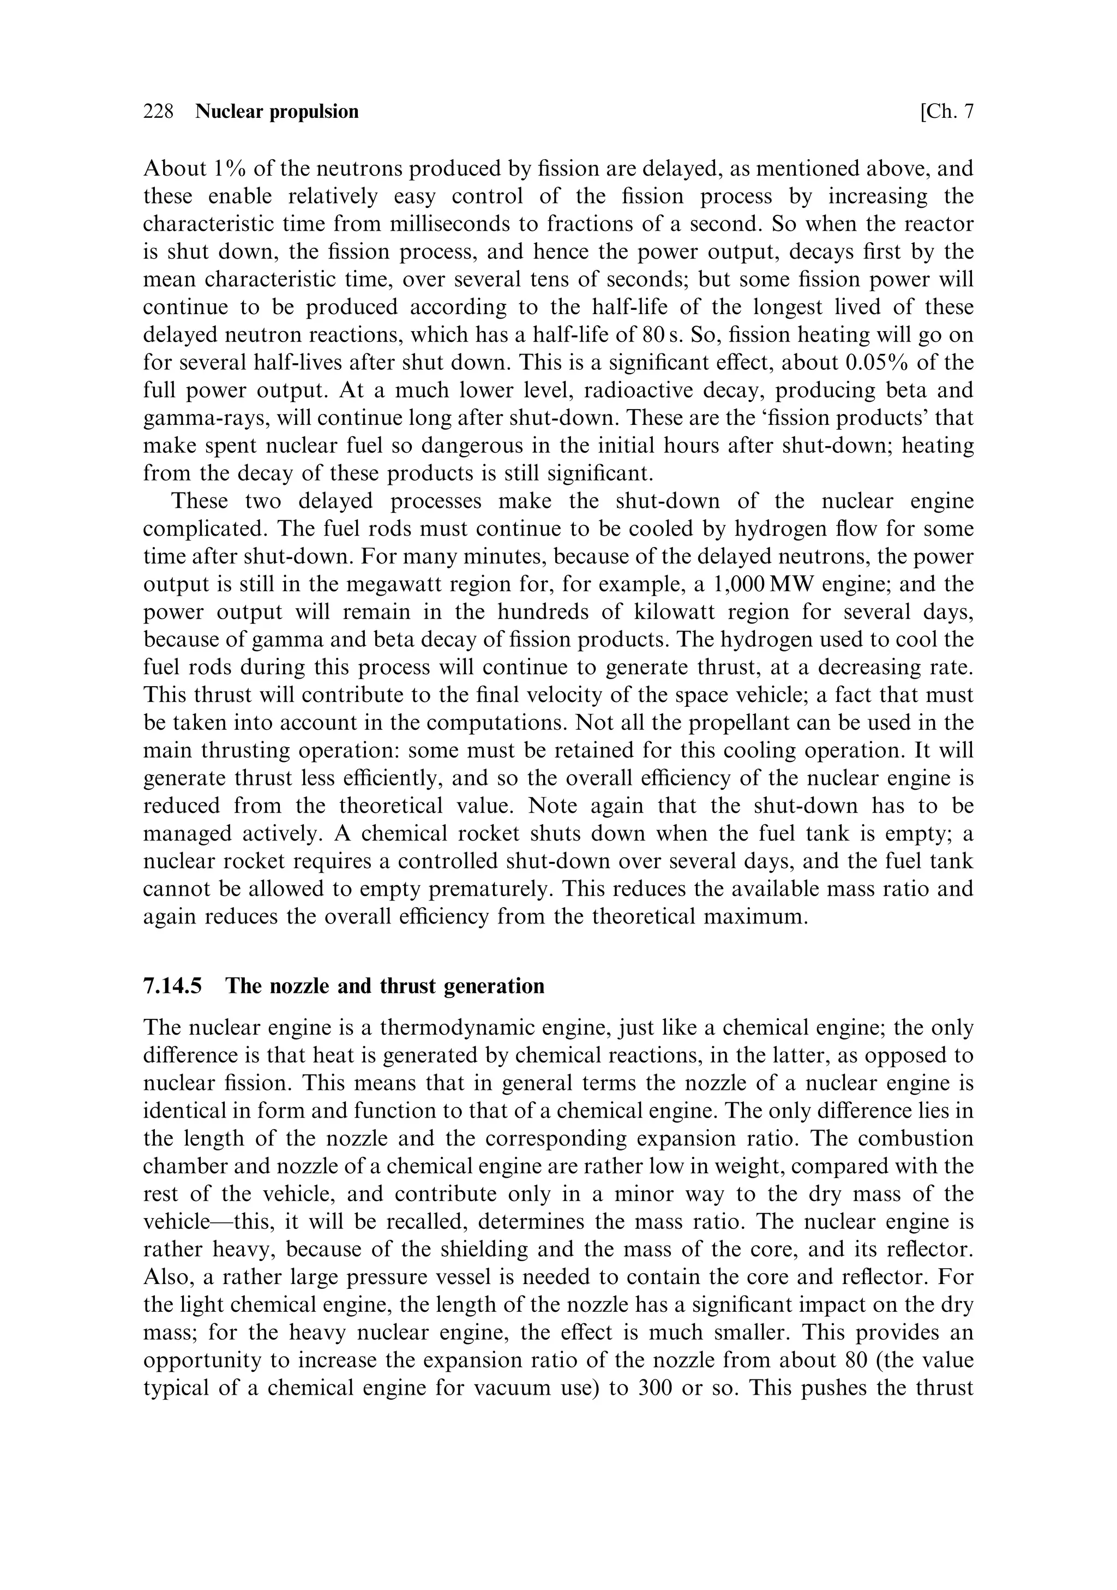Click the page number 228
(158, 111)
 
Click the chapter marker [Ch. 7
(947, 111)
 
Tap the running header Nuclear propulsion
(277, 111)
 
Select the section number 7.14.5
(172, 986)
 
